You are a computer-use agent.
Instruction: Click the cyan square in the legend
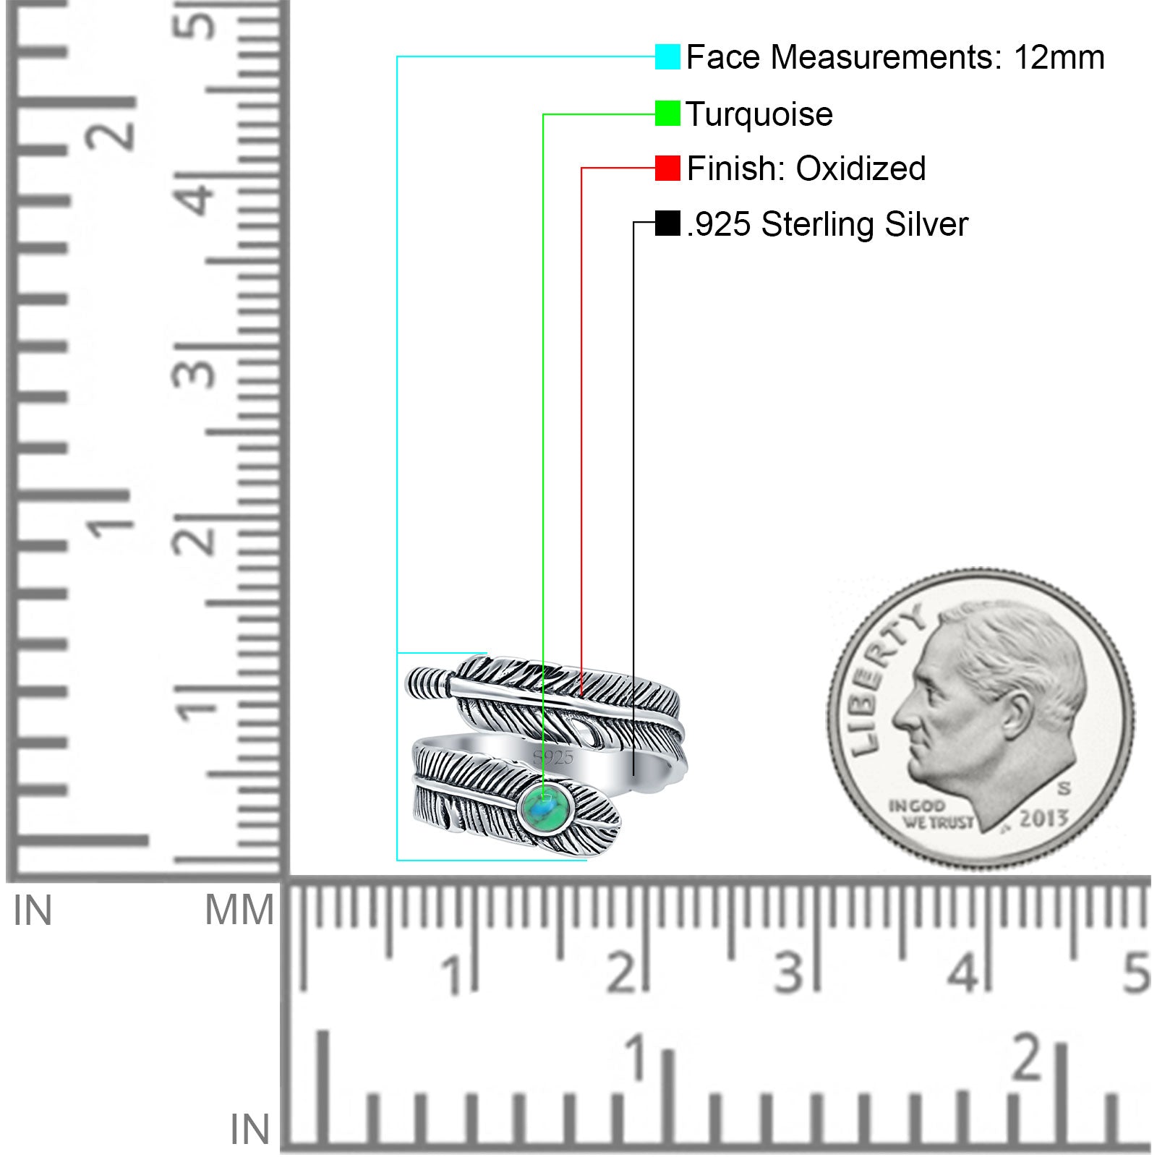coord(667,56)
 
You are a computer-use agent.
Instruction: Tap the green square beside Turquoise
coord(667,114)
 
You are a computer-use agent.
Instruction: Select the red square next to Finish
coord(667,168)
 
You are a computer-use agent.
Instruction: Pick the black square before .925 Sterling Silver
coord(667,223)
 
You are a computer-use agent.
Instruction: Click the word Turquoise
coord(759,114)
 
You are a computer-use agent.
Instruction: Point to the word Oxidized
coord(861,168)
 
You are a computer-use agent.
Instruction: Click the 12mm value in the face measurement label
coord(1059,57)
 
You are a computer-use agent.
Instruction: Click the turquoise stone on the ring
coord(546,808)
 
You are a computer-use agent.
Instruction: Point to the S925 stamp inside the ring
coord(553,758)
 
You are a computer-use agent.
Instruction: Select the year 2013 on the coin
coord(1043,818)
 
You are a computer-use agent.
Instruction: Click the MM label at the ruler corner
coord(239,910)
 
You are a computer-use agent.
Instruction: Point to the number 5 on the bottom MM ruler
coord(1135,973)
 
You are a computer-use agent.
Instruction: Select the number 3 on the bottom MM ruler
coord(788,973)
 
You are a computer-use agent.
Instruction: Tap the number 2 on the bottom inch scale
coord(1027,1057)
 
